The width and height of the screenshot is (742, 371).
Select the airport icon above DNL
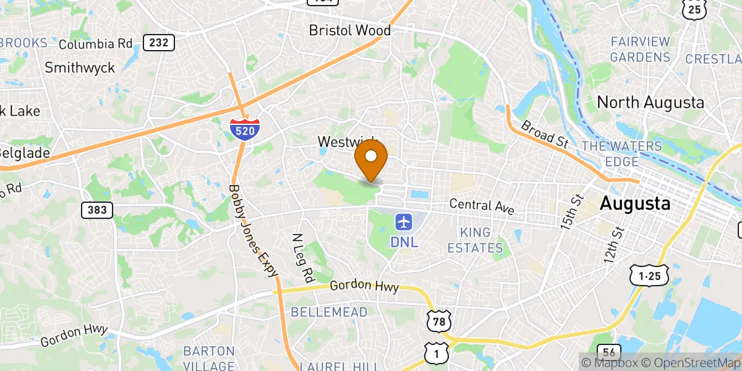tap(404, 221)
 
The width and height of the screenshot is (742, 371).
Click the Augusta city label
tap(635, 203)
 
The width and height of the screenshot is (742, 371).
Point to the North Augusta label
tap(650, 102)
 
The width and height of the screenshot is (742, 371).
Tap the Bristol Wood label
tap(349, 30)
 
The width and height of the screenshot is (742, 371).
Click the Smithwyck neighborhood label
tap(80, 67)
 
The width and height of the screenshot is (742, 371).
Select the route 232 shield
tap(158, 43)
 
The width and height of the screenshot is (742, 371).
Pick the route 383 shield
tap(97, 210)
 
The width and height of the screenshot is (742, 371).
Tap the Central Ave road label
tap(482, 206)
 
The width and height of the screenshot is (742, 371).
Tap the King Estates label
tap(481, 240)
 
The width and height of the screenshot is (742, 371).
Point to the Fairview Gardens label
tap(640, 49)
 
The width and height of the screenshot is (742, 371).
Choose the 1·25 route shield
tap(648, 276)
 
